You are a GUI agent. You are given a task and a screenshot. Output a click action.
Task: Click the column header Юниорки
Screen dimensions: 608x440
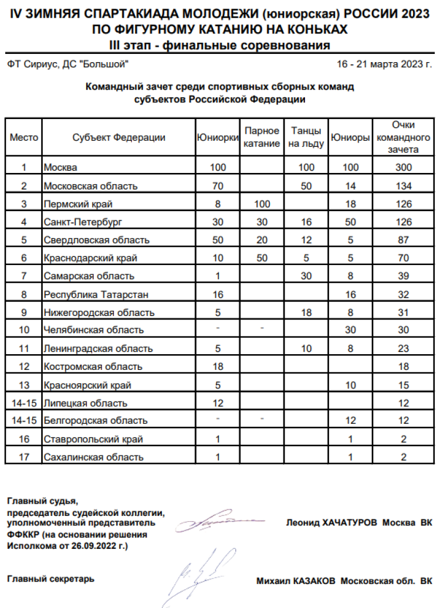217,138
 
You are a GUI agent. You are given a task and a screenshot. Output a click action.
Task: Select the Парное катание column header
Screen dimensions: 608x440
262,138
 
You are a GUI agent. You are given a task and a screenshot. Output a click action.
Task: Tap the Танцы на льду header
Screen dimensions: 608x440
305,138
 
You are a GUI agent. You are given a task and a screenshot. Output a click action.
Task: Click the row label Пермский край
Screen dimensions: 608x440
78,204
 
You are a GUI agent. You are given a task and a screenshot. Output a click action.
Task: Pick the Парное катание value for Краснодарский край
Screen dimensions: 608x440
262,258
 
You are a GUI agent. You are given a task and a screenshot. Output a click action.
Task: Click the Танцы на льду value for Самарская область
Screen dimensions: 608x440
305,276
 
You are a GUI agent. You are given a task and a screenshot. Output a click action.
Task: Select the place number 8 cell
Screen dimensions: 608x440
24,294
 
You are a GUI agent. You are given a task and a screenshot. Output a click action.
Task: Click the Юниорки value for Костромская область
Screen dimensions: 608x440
217,366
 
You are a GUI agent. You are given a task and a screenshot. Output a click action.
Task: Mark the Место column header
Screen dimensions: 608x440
24,138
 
